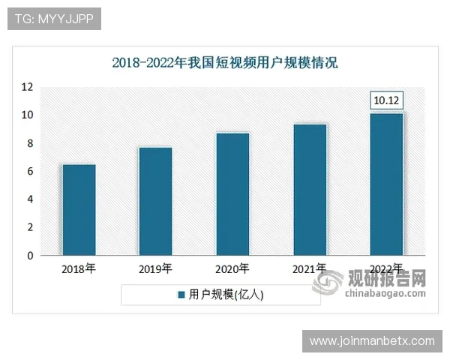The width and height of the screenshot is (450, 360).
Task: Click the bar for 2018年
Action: (x=79, y=210)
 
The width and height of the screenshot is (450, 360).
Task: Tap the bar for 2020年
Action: (x=232, y=194)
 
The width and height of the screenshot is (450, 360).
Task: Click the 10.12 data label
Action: (x=387, y=100)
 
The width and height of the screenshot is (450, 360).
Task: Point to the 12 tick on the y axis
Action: (x=27, y=87)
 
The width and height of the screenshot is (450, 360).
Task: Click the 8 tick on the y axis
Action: (x=30, y=143)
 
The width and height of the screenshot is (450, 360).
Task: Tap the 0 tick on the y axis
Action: (x=30, y=256)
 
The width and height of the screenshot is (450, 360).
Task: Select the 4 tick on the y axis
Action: (x=30, y=199)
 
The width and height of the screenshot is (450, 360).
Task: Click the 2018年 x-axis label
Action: (x=79, y=268)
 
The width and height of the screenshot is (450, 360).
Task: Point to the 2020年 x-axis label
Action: (x=232, y=268)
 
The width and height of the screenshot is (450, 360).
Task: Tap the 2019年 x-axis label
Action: (x=155, y=268)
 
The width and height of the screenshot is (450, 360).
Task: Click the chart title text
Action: (x=225, y=62)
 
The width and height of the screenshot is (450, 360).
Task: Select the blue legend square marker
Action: (x=181, y=295)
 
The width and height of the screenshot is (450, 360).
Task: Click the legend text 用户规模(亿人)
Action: (x=226, y=295)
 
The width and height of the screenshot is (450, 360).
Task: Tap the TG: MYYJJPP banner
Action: (x=54, y=19)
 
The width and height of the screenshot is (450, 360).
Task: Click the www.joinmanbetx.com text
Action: (x=372, y=341)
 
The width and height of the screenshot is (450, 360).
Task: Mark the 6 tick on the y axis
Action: (x=30, y=172)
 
